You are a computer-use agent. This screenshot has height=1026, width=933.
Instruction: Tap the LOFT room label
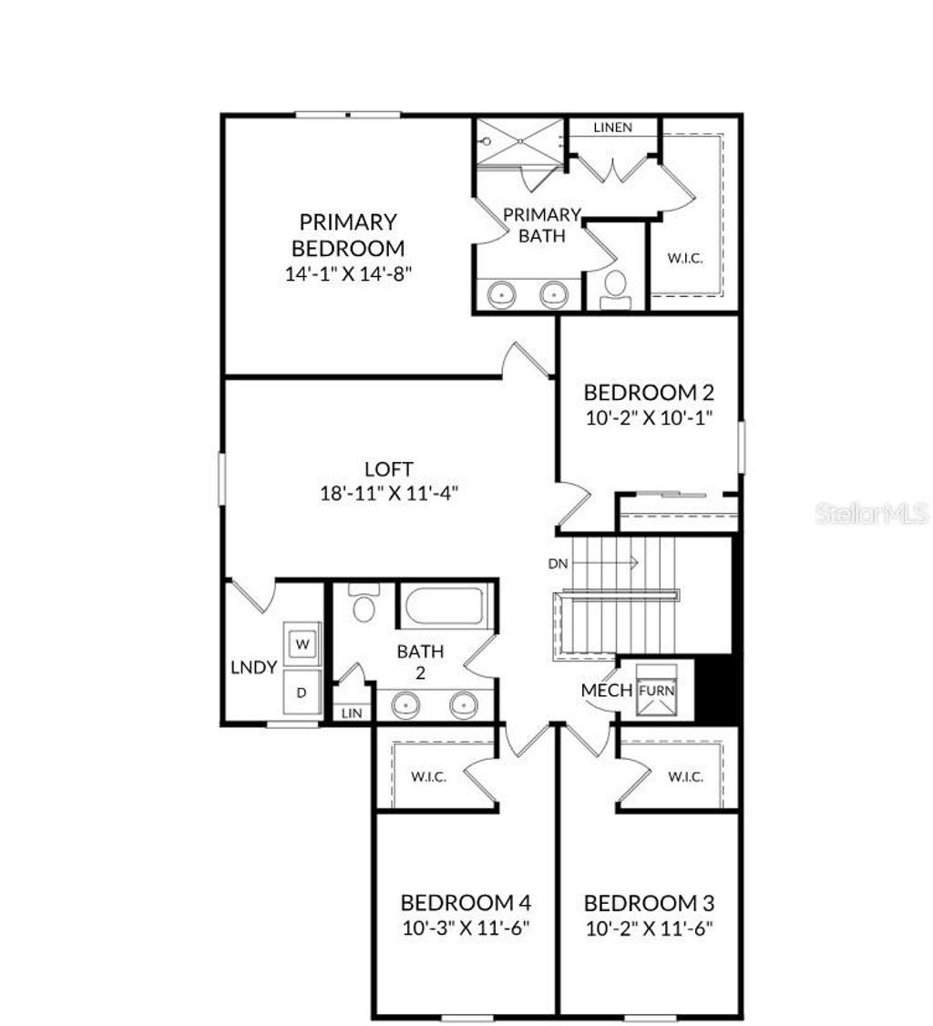coord(389,470)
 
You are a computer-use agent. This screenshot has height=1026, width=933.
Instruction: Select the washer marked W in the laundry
coord(302,643)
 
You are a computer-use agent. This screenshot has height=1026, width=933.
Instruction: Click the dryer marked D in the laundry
coord(302,693)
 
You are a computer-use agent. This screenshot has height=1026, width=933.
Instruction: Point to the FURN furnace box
coord(657,691)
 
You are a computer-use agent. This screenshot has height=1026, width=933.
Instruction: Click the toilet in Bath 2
coord(364,603)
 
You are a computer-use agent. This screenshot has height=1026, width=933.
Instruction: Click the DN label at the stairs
coord(559,564)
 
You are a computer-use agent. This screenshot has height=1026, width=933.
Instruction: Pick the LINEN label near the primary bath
coord(612,128)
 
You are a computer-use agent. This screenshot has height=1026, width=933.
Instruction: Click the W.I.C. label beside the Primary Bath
coord(684,259)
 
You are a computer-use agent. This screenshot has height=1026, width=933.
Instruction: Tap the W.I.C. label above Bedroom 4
coord(428,777)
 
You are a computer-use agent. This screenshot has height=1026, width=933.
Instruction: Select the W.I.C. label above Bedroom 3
coord(685,777)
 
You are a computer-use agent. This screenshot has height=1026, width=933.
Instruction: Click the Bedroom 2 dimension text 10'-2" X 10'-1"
coord(648,418)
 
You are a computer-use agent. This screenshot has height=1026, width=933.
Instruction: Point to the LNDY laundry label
coord(253,668)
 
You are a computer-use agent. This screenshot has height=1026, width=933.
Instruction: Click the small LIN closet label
coord(352,713)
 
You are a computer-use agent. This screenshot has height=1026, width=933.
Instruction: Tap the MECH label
coord(607,691)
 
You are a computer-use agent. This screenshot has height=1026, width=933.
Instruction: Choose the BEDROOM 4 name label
coord(466,903)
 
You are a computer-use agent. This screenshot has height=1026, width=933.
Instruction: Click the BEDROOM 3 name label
coord(649,904)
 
